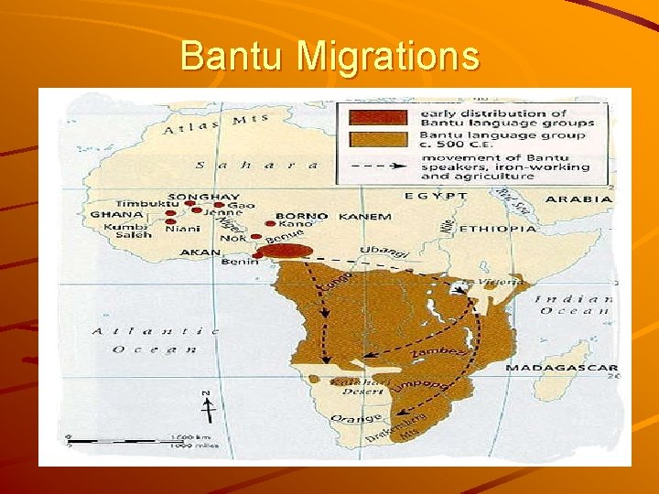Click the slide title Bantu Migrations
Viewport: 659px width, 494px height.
(329, 56)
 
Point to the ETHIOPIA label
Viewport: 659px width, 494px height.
(497, 229)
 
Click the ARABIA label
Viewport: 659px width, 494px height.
(578, 199)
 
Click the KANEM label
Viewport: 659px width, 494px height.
(365, 217)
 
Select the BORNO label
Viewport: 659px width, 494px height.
(301, 217)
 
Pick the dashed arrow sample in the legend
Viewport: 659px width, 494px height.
(376, 167)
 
